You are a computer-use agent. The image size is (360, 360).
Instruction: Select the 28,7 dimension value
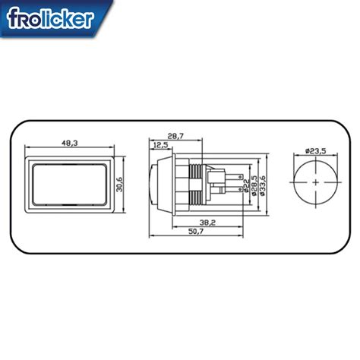click(x=176, y=135)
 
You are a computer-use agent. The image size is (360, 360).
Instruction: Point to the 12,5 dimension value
click(x=160, y=144)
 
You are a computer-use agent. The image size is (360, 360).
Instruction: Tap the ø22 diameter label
click(x=245, y=184)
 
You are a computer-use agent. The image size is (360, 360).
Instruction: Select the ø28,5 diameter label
click(x=254, y=184)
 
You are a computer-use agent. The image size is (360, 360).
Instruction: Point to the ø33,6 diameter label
click(x=263, y=184)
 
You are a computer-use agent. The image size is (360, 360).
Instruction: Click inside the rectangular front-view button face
click(x=68, y=184)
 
